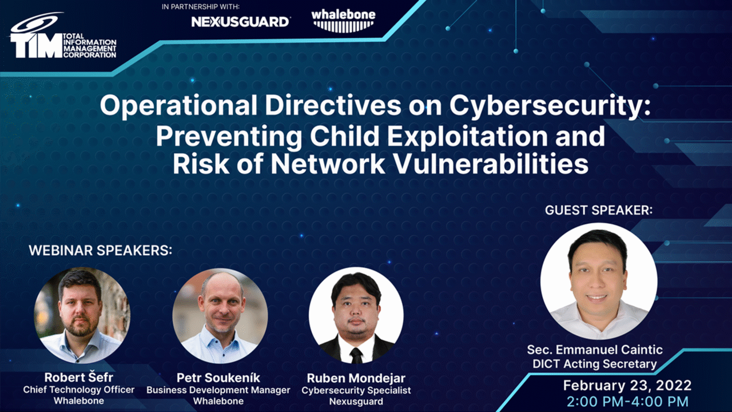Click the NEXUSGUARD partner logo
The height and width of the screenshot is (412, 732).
(240, 22)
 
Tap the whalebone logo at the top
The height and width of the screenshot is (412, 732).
(344, 21)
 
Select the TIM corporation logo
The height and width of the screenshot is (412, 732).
(63, 36)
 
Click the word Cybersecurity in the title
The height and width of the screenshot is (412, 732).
(550, 106)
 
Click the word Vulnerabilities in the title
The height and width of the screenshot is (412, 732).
(492, 164)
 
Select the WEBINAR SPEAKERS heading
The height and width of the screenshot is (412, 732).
(100, 251)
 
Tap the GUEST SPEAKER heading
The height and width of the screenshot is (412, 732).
(599, 210)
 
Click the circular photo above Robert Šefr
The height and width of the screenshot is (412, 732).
(82, 315)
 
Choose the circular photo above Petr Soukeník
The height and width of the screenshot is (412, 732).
(220, 316)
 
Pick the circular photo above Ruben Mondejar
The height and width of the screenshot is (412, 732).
(356, 315)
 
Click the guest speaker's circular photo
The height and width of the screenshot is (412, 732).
(599, 281)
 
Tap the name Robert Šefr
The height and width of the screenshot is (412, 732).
(79, 377)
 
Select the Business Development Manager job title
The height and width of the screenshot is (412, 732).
(218, 390)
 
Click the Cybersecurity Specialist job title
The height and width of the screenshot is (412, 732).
(356, 390)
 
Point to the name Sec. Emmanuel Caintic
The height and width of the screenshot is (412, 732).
(595, 350)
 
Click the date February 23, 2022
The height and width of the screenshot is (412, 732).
(627, 386)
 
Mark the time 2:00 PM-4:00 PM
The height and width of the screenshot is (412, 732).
(627, 402)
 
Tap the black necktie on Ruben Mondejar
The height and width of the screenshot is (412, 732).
(356, 356)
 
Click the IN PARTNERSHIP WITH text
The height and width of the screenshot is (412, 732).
(201, 6)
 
